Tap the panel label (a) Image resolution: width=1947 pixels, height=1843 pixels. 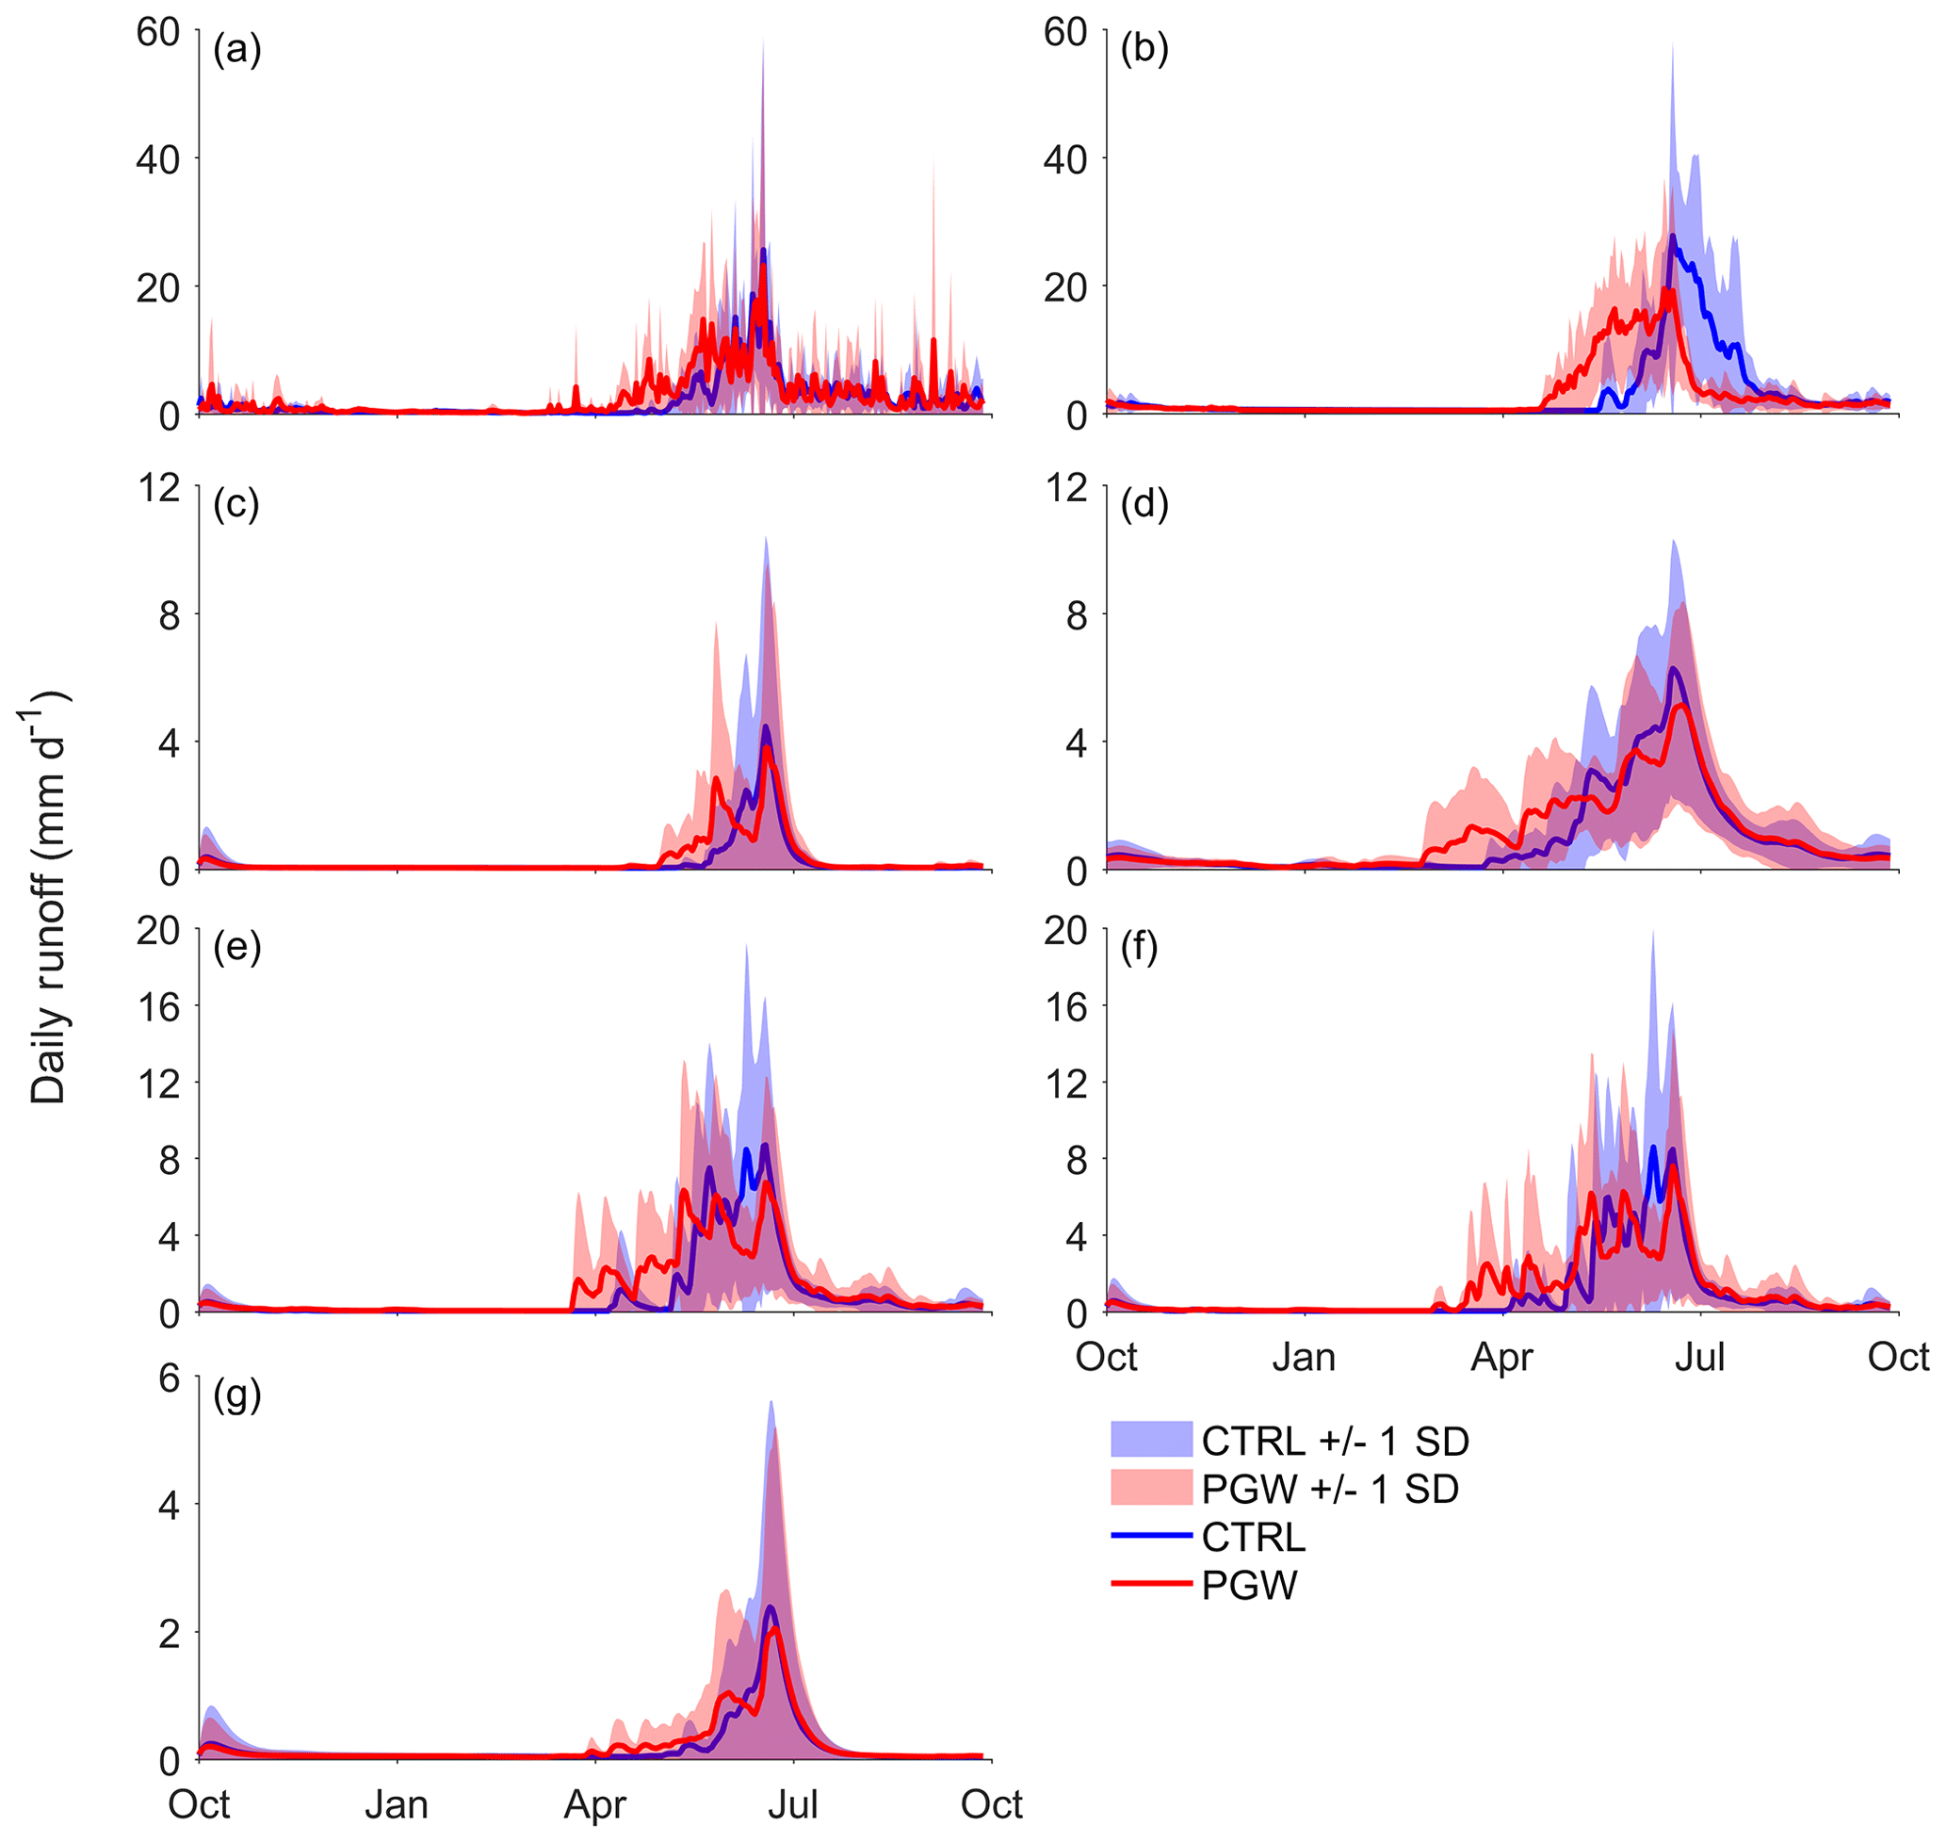coord(236,48)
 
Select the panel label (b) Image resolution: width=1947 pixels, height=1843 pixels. coord(1144,48)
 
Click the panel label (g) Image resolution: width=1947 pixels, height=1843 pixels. coord(236,1394)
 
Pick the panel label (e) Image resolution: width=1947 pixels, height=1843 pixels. coord(236,947)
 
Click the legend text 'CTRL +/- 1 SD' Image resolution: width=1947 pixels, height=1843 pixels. coord(1335,1442)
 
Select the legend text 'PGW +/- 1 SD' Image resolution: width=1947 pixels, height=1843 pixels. coord(1330,1490)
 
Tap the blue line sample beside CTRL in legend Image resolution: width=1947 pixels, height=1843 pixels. coord(1151,1535)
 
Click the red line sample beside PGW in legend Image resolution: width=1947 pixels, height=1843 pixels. coord(1151,1584)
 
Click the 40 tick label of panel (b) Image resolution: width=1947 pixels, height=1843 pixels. coord(1066,159)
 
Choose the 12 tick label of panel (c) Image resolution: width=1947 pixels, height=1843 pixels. coord(158,487)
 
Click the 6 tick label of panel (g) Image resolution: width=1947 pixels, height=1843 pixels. coord(169,1378)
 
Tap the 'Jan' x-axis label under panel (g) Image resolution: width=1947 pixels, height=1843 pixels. coord(397,1804)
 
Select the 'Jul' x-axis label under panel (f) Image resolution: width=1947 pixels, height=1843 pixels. coord(1700,1358)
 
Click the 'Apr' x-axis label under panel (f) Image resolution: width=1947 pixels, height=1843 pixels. coord(1502,1358)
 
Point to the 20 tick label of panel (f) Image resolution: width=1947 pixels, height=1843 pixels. coord(1066,930)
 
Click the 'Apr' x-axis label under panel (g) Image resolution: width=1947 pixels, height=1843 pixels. coord(594,1804)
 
